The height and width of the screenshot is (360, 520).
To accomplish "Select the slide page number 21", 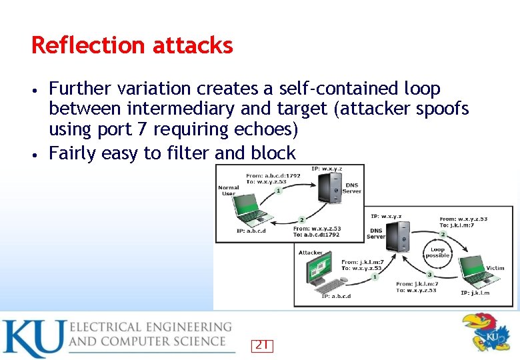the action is click(x=263, y=345).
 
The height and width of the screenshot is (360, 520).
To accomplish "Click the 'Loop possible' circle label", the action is click(x=437, y=253).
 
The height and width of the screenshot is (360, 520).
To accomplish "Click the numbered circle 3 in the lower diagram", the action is click(x=430, y=274).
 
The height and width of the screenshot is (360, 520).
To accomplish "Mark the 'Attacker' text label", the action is click(x=311, y=253).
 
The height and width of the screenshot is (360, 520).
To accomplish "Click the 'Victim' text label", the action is click(x=495, y=268).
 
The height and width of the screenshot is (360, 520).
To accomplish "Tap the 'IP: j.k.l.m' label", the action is click(x=475, y=293).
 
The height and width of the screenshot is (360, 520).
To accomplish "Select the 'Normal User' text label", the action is click(x=228, y=191).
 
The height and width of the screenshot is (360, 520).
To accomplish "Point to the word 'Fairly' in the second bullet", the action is click(x=73, y=153).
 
